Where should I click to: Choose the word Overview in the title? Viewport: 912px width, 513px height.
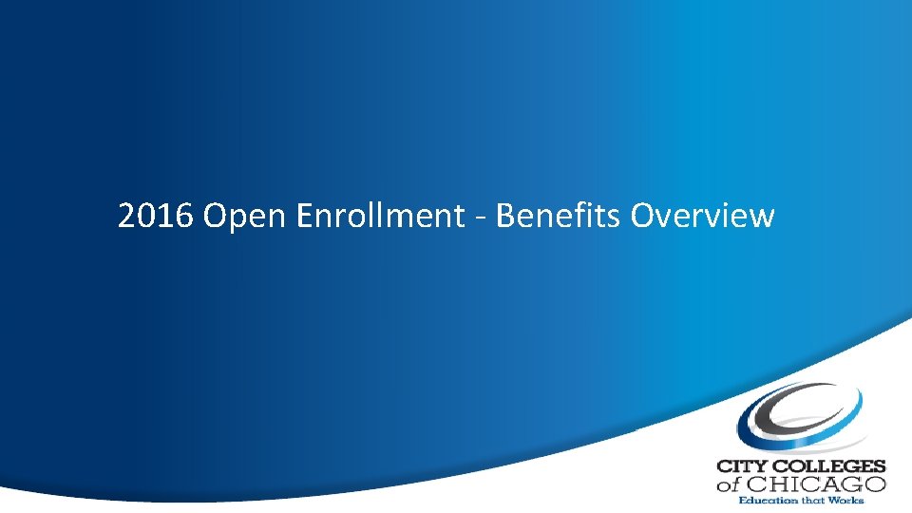702,217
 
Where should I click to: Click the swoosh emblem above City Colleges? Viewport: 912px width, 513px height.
801,419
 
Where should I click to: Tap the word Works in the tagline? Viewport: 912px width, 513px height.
845,500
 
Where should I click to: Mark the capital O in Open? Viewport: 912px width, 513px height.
215,217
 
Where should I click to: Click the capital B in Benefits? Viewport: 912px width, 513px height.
505,217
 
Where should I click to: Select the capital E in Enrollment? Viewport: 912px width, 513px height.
305,217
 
